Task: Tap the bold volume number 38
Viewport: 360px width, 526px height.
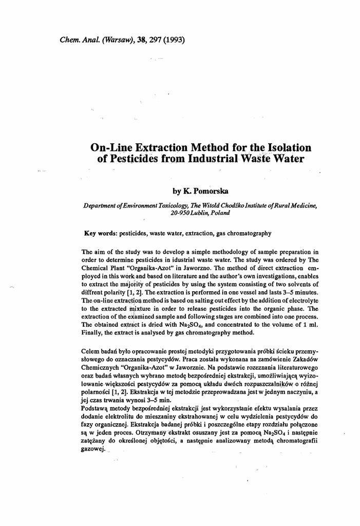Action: [140, 40]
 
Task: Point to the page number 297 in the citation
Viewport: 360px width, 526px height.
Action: [155, 40]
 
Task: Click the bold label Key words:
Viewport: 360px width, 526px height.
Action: [101, 233]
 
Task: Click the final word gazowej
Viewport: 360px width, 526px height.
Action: [93, 448]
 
